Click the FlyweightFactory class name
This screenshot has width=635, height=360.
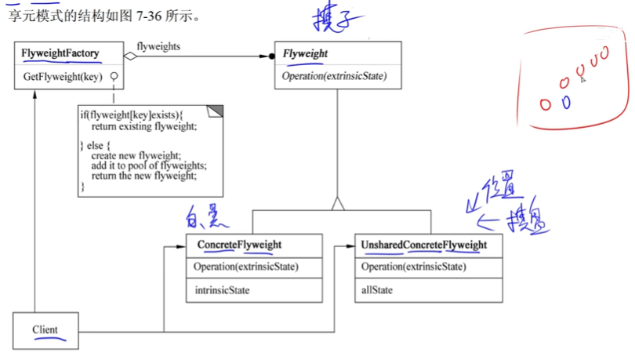pyautogui.click(x=60, y=54)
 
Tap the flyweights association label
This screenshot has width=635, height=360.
pyautogui.click(x=158, y=47)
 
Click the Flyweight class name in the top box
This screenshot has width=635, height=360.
pyautogui.click(x=306, y=54)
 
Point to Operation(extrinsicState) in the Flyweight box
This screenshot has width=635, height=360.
pyautogui.click(x=335, y=77)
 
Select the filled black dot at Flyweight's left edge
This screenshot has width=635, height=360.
pyautogui.click(x=272, y=56)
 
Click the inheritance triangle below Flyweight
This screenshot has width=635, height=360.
pyautogui.click(x=338, y=204)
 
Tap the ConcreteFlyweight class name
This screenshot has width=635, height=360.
pyautogui.click(x=239, y=245)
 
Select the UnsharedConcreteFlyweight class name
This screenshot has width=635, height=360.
pyautogui.click(x=424, y=245)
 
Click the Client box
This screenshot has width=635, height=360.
pyautogui.click(x=45, y=329)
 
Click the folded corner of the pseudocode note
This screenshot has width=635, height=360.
pyautogui.click(x=216, y=110)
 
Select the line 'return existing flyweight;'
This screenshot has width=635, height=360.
pyautogui.click(x=144, y=126)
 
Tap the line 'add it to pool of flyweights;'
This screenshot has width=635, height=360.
pyautogui.click(x=148, y=165)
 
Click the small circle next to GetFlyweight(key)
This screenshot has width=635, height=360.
pyautogui.click(x=114, y=77)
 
